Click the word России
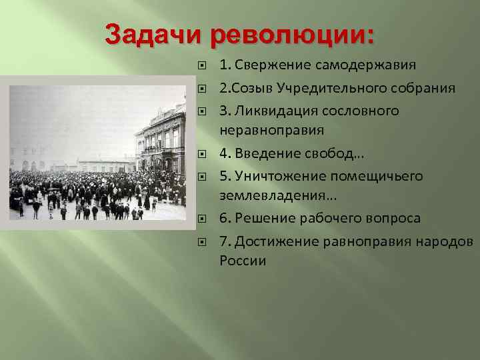pyautogui.click(x=243, y=260)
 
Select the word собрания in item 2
pyautogui.click(x=427, y=88)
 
